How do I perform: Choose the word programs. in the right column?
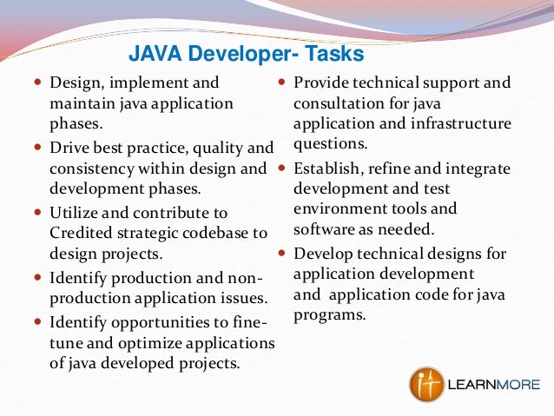(x=329, y=314)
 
